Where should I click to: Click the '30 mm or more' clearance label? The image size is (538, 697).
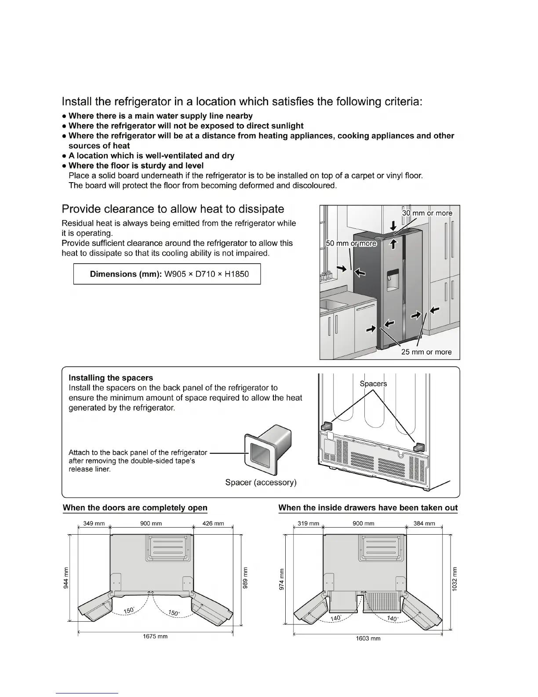coord(427,213)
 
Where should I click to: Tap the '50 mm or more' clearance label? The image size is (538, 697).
coord(351,243)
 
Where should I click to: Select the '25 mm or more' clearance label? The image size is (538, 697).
coord(426,352)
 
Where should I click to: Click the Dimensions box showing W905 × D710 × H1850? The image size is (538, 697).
coord(167,274)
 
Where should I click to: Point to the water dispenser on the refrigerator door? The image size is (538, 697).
coord(393,281)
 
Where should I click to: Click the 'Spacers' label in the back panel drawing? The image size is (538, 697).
coord(373,384)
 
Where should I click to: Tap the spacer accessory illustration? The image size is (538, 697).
coord(268,451)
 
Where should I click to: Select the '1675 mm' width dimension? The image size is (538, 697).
coord(155,636)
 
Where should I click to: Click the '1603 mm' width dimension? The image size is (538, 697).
coord(368,638)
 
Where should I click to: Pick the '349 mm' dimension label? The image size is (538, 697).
coord(94,524)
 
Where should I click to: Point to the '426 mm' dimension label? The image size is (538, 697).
coord(213,524)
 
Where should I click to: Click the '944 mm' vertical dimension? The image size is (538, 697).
coord(66,577)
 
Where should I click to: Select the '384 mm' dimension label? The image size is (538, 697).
coord(424,524)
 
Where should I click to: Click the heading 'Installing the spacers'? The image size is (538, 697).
coord(111,378)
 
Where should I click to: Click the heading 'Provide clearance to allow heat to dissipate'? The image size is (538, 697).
coord(173,209)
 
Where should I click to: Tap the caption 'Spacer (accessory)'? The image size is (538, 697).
coord(261,483)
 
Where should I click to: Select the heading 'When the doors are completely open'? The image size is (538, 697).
coord(135,508)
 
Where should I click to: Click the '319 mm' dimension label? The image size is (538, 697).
coord(308,524)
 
